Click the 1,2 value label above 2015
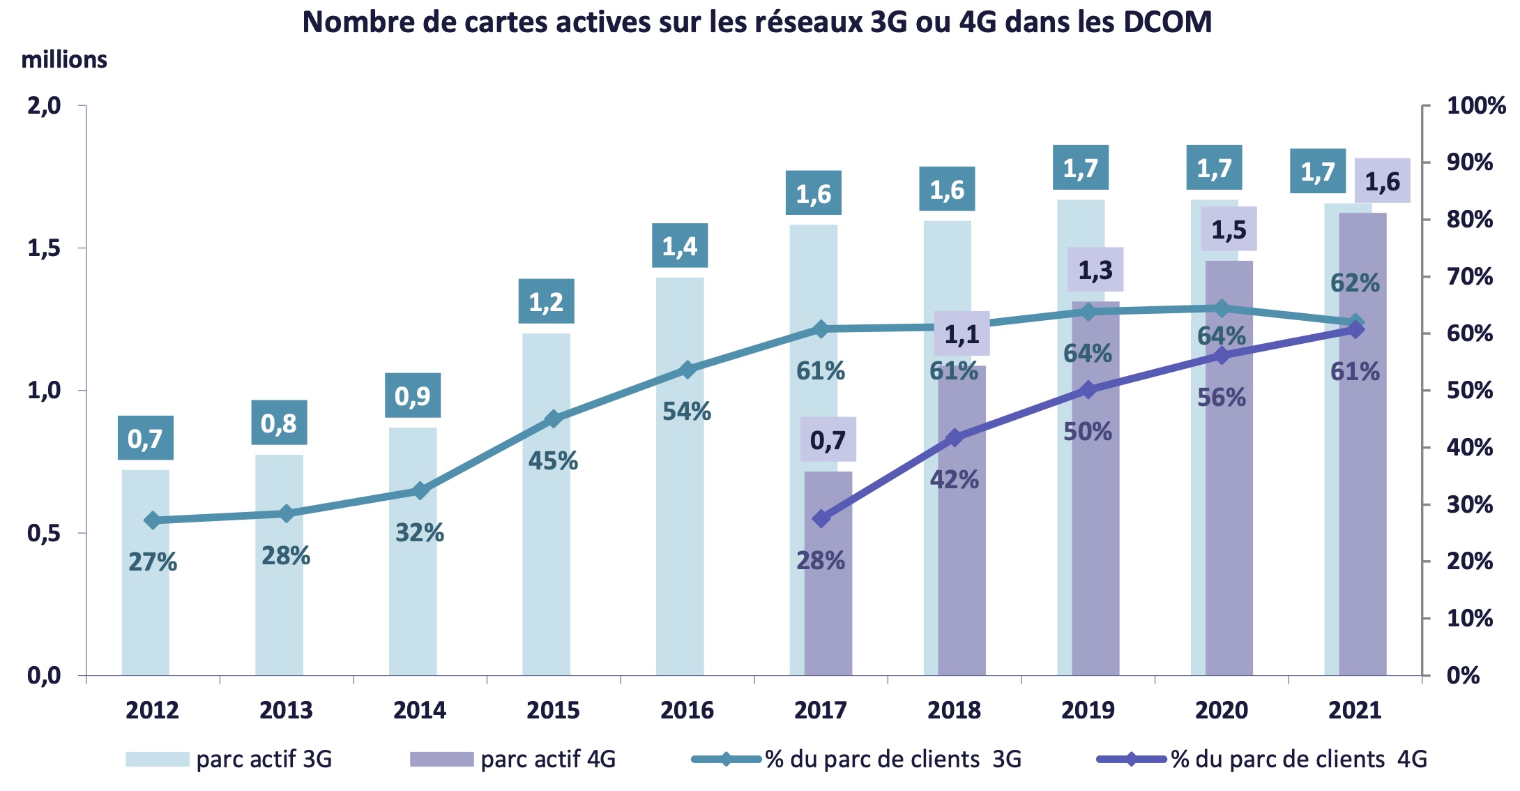tap(546, 301)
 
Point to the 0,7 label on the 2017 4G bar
tap(828, 440)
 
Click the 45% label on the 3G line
tap(553, 461)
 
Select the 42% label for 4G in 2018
tap(954, 480)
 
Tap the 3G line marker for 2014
tap(420, 491)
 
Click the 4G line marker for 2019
tap(1088, 390)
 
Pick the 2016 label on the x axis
tap(687, 710)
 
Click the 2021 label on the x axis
tap(1355, 710)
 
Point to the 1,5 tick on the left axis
tap(44, 248)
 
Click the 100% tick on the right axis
tap(1475, 106)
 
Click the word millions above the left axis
tap(64, 60)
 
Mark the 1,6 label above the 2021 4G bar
tap(1382, 181)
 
